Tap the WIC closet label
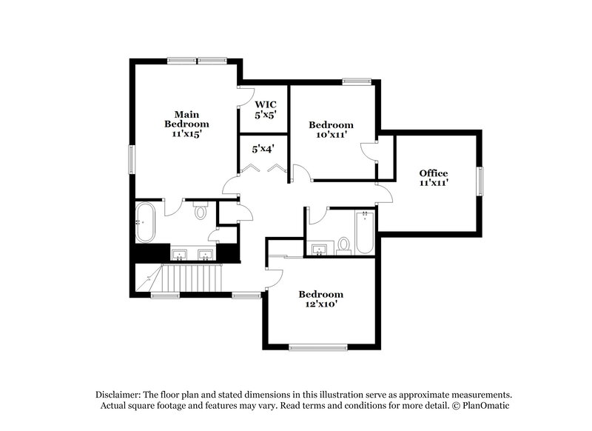265,104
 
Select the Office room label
434,173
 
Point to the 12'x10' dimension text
320,304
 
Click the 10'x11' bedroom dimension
330,136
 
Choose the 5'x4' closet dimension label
263,149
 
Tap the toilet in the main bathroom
200,212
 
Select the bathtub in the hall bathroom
365,233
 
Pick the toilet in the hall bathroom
344,244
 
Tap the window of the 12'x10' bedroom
317,346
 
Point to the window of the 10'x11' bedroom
355,81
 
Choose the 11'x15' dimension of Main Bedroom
186,134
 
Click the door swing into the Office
383,194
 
